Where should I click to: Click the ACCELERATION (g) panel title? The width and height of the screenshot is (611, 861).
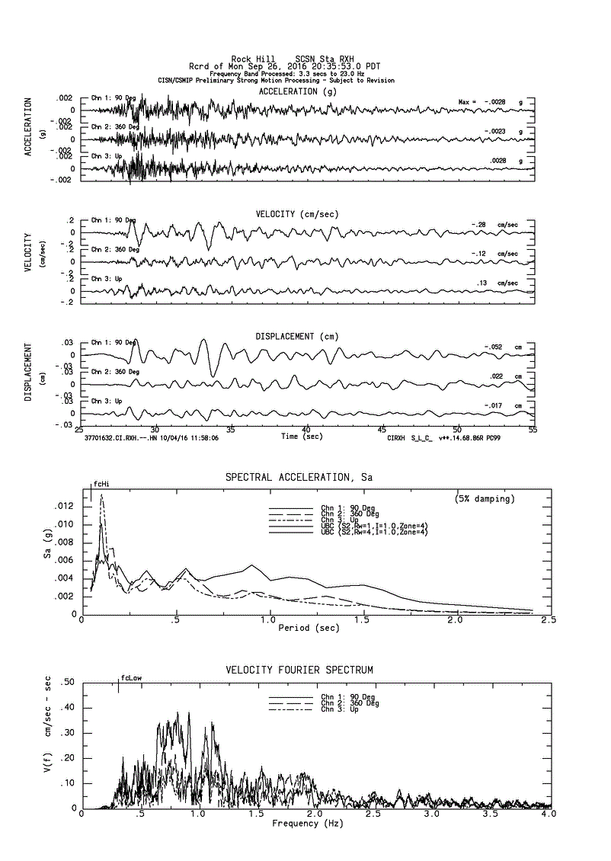(297, 91)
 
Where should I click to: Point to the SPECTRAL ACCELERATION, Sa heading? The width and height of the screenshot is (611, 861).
(293, 477)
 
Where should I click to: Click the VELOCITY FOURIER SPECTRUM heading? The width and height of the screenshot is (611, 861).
(299, 670)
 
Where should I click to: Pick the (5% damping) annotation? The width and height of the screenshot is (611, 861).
(485, 498)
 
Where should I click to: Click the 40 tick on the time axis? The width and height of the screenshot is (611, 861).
(305, 430)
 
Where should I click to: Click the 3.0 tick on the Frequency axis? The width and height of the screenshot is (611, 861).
(432, 815)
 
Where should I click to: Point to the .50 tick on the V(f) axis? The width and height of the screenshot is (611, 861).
(66, 682)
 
